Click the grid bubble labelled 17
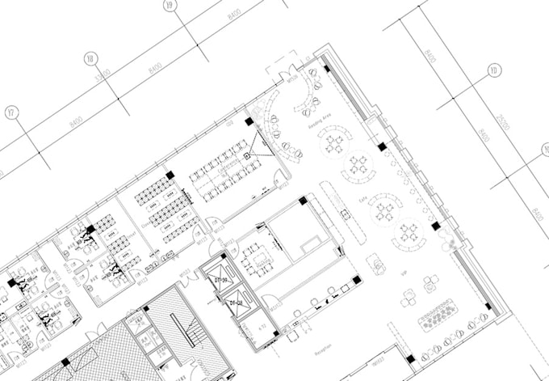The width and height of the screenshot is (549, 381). (10, 112)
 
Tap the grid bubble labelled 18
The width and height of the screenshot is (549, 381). (90, 58)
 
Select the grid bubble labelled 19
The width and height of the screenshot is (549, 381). (170, 6)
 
